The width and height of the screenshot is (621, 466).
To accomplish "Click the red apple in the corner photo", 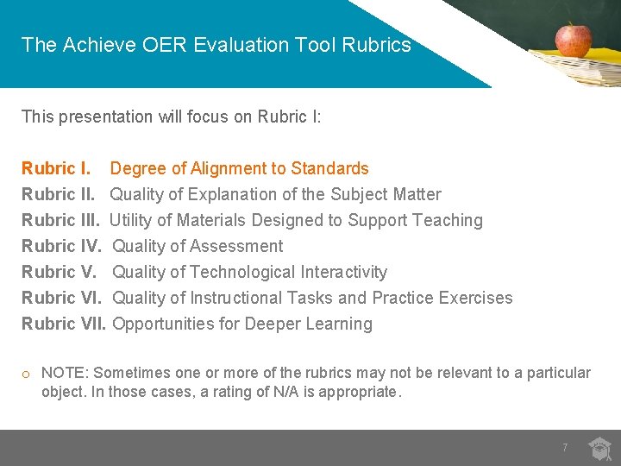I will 573,39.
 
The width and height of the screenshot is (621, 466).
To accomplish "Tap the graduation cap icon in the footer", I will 599,448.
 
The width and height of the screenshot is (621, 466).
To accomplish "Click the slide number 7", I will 565,448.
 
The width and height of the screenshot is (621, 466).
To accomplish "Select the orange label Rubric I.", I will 56,168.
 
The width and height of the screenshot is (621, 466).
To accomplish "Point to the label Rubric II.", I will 58,194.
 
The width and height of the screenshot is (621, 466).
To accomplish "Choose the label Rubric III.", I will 60,220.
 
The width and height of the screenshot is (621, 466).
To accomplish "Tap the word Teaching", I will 448,220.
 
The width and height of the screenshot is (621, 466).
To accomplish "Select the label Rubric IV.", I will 61,246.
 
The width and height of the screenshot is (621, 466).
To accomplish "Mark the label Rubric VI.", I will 61,298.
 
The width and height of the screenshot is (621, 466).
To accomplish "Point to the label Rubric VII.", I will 64,324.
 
